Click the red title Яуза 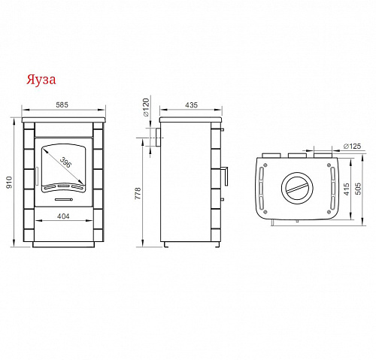41,80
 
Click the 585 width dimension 62,104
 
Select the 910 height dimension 9,183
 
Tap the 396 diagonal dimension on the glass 65,162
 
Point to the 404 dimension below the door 63,216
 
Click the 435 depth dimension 192,105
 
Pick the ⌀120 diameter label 146,107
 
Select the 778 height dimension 138,193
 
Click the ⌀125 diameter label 353,146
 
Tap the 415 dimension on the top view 347,189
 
